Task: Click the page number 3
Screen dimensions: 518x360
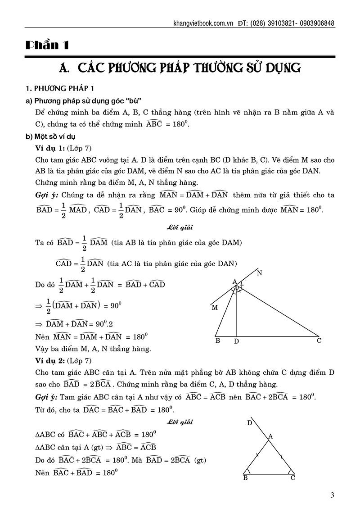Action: (332, 496)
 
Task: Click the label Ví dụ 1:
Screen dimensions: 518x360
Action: (50, 149)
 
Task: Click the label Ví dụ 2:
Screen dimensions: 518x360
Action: (50, 360)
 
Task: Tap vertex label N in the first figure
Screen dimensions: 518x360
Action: (259, 273)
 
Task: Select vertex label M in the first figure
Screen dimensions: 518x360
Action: (214, 308)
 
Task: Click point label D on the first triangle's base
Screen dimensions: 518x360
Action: (236, 342)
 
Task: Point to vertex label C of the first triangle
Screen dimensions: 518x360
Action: (319, 341)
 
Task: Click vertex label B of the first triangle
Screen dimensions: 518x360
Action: (217, 341)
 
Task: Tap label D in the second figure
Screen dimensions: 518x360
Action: (249, 423)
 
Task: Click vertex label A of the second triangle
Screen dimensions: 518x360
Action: (270, 436)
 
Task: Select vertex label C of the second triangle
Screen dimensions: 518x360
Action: (292, 478)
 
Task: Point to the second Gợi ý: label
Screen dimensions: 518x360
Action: (47, 397)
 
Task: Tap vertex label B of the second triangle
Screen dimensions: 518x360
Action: (245, 478)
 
